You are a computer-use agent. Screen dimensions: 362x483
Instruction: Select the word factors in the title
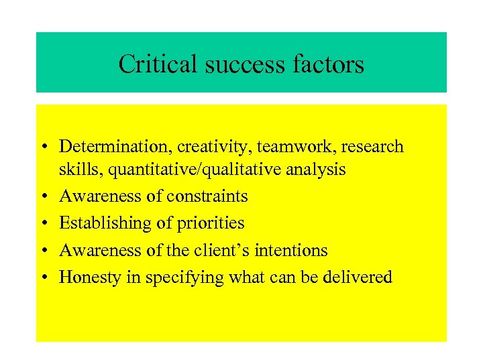coord(328,64)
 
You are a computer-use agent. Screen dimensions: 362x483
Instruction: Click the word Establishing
coord(101,223)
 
